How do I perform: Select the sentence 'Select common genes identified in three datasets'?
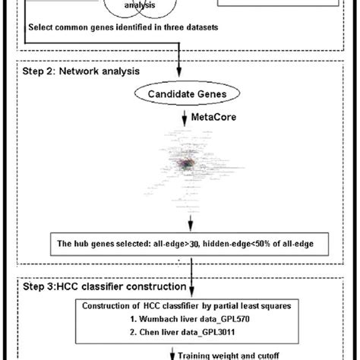click(x=123, y=28)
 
